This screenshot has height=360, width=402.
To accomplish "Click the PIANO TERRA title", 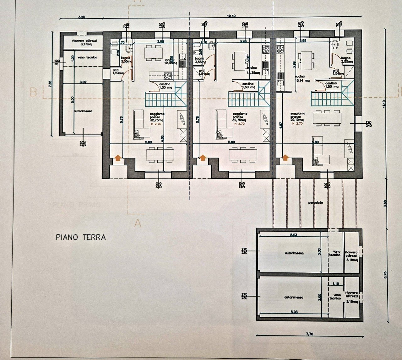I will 81,237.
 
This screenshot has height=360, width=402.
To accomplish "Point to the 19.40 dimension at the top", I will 231,16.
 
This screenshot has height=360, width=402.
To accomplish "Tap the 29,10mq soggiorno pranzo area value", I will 297,120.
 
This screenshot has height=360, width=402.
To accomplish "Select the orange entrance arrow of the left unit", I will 118,158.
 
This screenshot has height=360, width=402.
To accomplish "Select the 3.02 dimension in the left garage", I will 83,82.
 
